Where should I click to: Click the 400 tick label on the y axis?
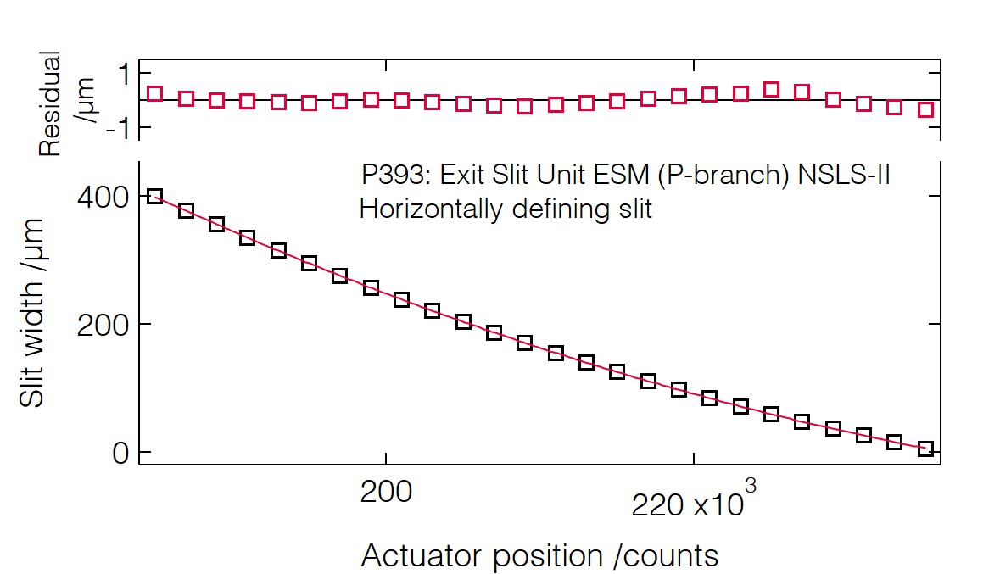click(x=101, y=198)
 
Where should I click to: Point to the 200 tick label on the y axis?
click(x=101, y=326)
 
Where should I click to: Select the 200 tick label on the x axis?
click(x=386, y=492)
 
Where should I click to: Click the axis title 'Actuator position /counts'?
click(x=539, y=556)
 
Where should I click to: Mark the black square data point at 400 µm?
click(x=154, y=197)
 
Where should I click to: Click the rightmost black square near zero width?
click(x=925, y=449)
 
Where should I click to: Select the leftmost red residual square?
click(x=154, y=94)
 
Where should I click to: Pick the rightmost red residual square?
click(x=925, y=109)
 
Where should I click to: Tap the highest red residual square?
click(x=771, y=89)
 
